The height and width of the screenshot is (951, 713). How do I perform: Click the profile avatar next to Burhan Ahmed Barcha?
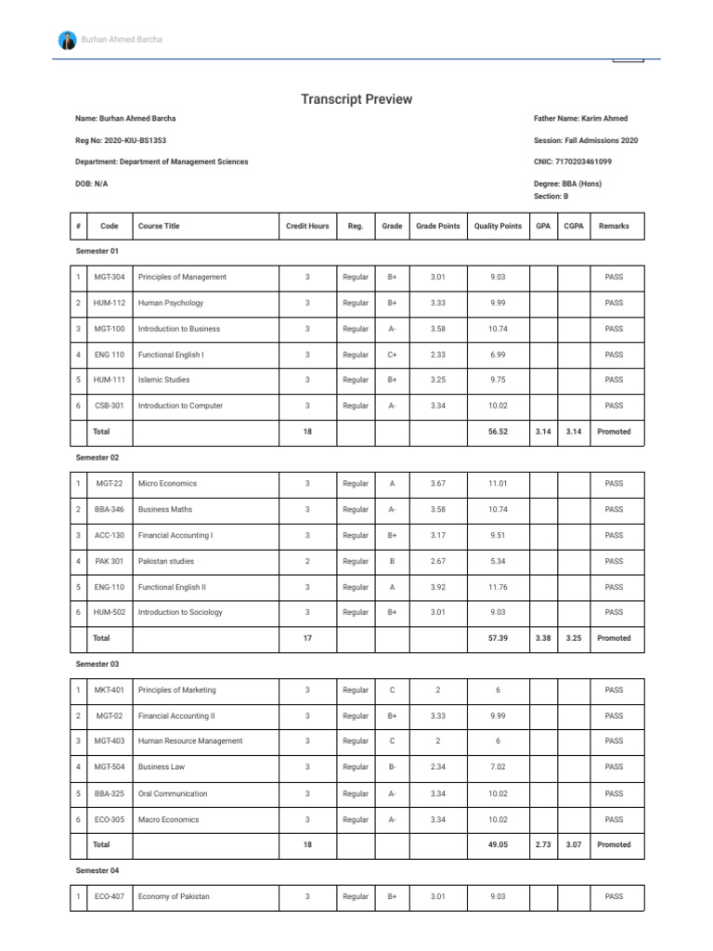coord(68,40)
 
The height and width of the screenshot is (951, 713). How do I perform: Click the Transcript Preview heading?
coord(356,99)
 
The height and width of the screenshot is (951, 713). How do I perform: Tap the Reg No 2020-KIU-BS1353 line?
coord(121,140)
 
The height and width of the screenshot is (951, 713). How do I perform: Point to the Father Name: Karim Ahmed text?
coord(580,119)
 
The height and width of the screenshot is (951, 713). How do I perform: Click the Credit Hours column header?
coord(307,226)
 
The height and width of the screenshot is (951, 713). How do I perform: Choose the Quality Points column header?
coord(498,226)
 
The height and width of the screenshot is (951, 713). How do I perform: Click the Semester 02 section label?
coord(97,458)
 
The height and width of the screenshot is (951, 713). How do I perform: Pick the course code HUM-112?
coord(110,303)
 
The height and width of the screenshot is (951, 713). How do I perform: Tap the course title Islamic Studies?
coord(163,380)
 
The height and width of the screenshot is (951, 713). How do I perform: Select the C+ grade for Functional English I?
coord(393,355)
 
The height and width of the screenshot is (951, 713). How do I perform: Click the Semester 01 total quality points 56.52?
coord(498,432)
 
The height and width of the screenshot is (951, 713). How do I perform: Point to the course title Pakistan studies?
coord(166,561)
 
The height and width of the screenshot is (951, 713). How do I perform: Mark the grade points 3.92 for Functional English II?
coord(438,587)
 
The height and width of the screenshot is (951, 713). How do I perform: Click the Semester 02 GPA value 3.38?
coord(543,638)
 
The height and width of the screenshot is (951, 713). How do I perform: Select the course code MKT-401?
coord(110,690)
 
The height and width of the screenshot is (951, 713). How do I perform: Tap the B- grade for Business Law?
coord(393,767)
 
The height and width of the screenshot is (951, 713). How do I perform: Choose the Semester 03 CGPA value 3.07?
coord(574,845)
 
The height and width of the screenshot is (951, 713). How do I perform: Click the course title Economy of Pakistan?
coord(174,896)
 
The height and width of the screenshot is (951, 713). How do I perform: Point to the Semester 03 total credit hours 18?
coord(307,845)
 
